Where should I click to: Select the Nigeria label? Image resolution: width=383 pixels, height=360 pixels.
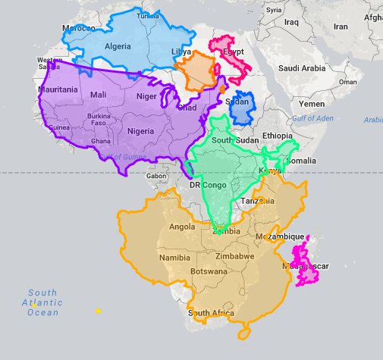pyautogui.click(x=141, y=130)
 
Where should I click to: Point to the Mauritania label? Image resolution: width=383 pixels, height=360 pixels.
pyautogui.click(x=58, y=89)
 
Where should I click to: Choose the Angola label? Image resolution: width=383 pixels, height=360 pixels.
pyautogui.click(x=182, y=226)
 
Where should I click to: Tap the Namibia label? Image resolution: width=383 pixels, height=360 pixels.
pyautogui.click(x=175, y=258)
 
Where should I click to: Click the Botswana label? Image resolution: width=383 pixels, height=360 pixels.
pyautogui.click(x=209, y=271)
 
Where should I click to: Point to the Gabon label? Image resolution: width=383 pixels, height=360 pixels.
pyautogui.click(x=157, y=176)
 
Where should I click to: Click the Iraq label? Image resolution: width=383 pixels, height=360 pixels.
pyautogui.click(x=291, y=22)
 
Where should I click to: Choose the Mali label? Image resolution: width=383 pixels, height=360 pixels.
pyautogui.click(x=98, y=95)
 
